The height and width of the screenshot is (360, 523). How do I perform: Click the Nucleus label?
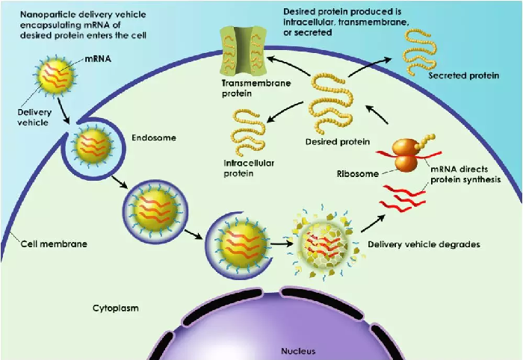click(x=298, y=351)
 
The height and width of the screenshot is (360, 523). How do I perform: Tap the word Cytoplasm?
click(x=115, y=308)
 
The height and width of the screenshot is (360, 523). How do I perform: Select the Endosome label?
click(x=154, y=137)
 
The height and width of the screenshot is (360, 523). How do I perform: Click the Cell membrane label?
click(x=54, y=244)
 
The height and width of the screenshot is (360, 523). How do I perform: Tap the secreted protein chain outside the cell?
click(x=419, y=51)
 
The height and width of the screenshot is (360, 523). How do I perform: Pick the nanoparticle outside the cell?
click(x=56, y=76)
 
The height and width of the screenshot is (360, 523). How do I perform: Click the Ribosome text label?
click(x=358, y=174)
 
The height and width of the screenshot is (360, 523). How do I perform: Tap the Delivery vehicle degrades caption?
click(x=424, y=244)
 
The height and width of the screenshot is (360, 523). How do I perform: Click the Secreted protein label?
click(x=464, y=75)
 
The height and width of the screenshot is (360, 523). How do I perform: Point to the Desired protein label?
click(x=338, y=142)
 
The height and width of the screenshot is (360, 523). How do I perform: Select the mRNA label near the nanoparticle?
click(x=98, y=59)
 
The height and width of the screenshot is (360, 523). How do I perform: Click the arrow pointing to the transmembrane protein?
click(x=288, y=65)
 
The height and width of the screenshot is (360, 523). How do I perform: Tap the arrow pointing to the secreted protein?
click(x=370, y=67)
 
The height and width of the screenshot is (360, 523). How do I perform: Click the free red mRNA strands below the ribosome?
click(x=403, y=198)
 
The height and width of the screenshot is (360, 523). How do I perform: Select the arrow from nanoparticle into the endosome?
click(x=64, y=111)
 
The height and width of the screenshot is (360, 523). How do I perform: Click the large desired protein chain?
click(x=330, y=103)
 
